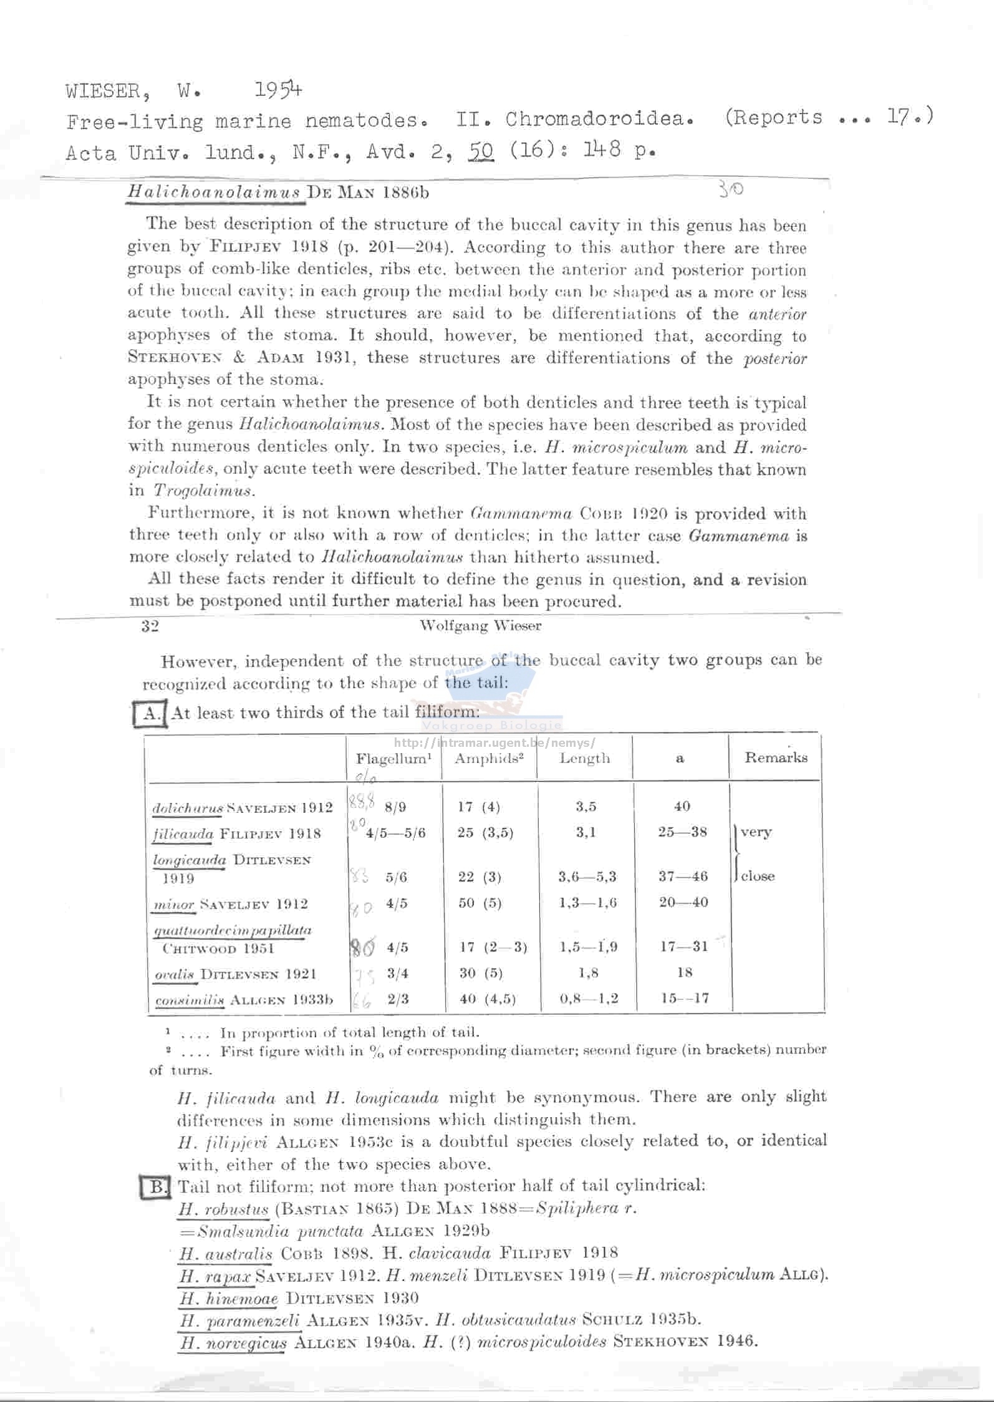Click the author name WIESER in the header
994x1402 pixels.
(102, 92)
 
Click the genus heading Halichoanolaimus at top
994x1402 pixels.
(215, 192)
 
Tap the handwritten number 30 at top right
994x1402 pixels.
(731, 188)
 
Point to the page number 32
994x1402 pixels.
(150, 626)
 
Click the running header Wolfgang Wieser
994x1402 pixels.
(480, 625)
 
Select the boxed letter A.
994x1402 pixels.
(150, 713)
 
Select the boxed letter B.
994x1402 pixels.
(155, 1186)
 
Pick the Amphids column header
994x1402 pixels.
(488, 758)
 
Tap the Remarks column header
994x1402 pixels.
(776, 757)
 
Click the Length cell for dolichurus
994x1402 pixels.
(586, 806)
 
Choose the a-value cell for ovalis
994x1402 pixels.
(684, 972)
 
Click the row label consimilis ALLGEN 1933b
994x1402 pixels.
(244, 1000)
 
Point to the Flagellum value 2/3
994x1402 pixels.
(398, 999)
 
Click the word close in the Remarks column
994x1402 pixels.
(758, 876)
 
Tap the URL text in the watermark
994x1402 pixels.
(495, 742)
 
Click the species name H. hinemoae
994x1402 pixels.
(229, 1298)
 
